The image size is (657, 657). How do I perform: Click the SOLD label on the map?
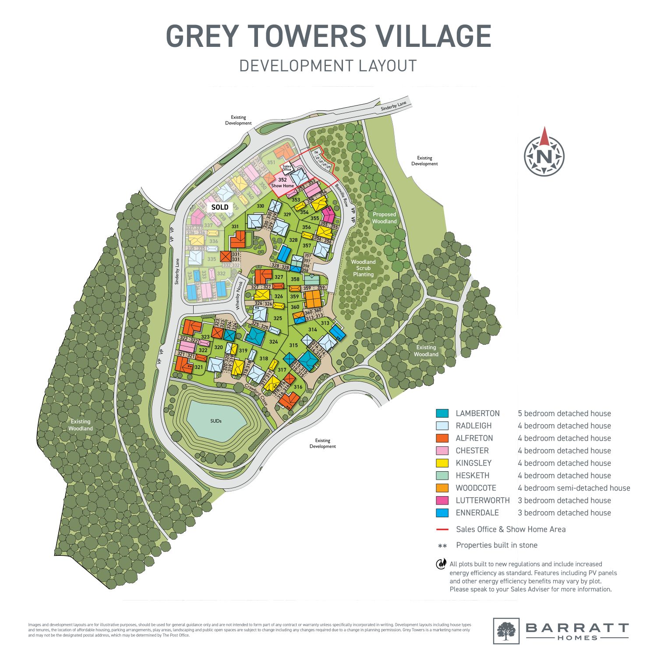[220, 207]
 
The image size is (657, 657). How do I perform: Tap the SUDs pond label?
[215, 421]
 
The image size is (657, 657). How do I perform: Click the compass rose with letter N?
[544, 156]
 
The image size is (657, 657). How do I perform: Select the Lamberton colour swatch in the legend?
[442, 413]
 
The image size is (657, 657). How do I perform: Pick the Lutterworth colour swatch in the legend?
[442, 500]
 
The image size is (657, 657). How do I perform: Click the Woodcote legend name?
[476, 488]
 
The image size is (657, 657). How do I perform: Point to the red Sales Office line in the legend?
[442, 530]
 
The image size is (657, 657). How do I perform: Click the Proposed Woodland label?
[384, 218]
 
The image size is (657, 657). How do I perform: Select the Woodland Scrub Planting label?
[363, 268]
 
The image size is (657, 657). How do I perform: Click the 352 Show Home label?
[283, 183]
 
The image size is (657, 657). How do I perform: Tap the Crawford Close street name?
[256, 394]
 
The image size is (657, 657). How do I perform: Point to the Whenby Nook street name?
[239, 296]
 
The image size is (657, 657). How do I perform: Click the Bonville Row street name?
[342, 195]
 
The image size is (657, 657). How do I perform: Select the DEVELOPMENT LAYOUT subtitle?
[328, 66]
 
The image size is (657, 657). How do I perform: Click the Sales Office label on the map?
[287, 168]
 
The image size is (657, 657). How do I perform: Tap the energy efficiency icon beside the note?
[441, 564]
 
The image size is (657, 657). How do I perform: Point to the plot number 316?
[298, 387]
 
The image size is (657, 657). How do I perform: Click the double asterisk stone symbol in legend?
[442, 546]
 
